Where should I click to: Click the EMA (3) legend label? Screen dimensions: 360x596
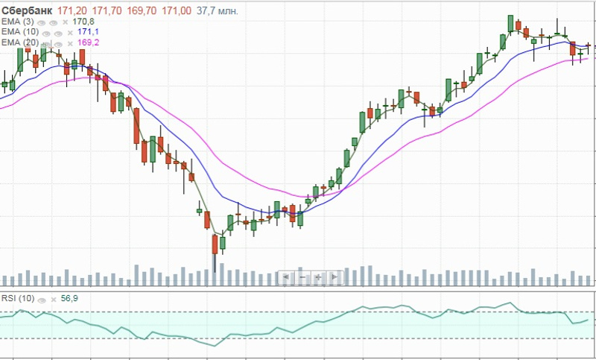tap(18, 21)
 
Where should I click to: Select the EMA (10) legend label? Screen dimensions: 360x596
tap(20, 32)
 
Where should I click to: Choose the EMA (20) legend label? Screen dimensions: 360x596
tap(20, 43)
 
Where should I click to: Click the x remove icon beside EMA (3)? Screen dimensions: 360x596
tap(69, 22)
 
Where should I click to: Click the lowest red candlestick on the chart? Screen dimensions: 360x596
tap(215, 244)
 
